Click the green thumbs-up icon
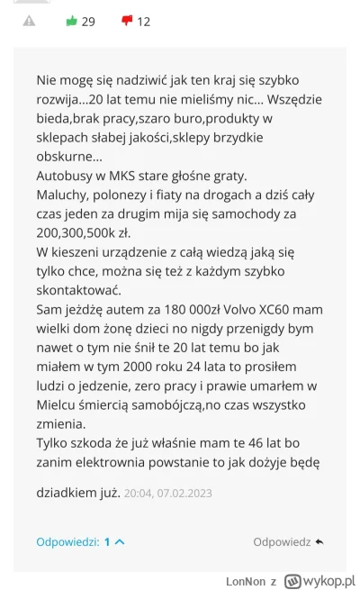click(71, 21)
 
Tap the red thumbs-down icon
click(127, 21)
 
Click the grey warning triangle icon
click(29, 21)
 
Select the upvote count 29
click(88, 22)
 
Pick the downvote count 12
click(144, 22)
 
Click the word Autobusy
click(65, 177)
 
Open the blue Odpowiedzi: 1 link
click(79, 541)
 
